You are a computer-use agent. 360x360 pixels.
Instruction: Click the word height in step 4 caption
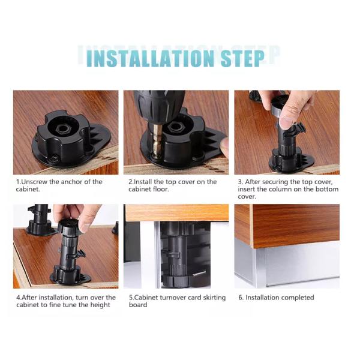point(100,305)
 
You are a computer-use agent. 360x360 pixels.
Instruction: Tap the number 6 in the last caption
point(239,298)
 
